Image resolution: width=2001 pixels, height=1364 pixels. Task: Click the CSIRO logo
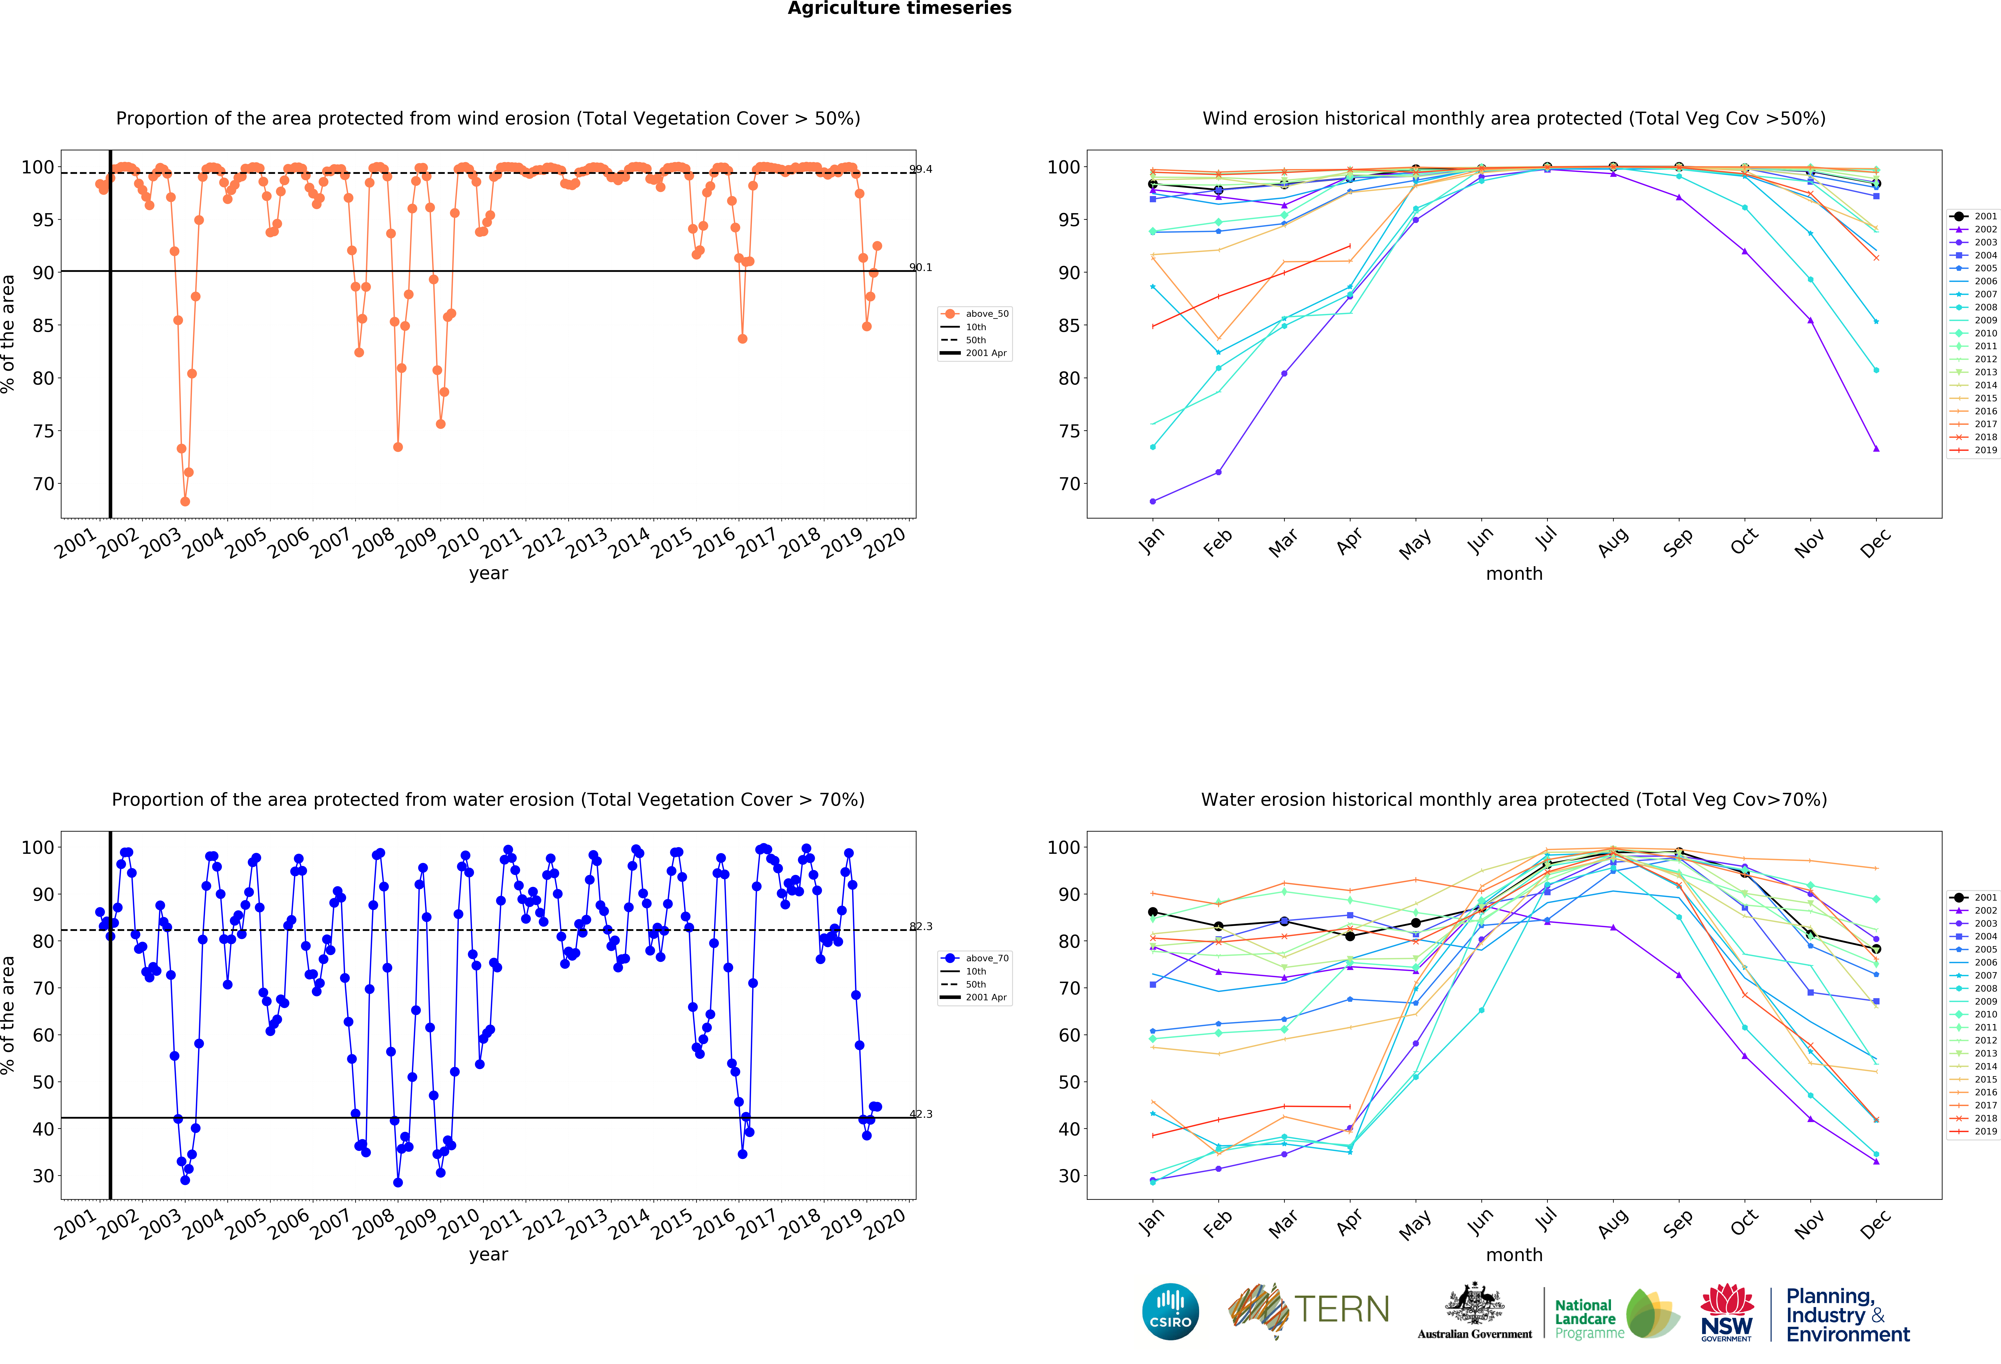(x=1170, y=1311)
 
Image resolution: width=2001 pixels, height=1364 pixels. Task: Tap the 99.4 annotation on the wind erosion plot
(x=920, y=169)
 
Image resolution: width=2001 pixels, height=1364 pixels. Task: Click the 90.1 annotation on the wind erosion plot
(x=920, y=267)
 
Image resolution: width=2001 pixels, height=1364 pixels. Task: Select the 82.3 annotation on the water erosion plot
(x=920, y=927)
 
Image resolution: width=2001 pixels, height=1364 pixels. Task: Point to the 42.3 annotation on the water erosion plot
(x=920, y=1114)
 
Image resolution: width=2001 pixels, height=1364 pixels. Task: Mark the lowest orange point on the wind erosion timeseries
(x=185, y=501)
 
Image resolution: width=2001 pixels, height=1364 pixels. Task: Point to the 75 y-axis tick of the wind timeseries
(x=43, y=431)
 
